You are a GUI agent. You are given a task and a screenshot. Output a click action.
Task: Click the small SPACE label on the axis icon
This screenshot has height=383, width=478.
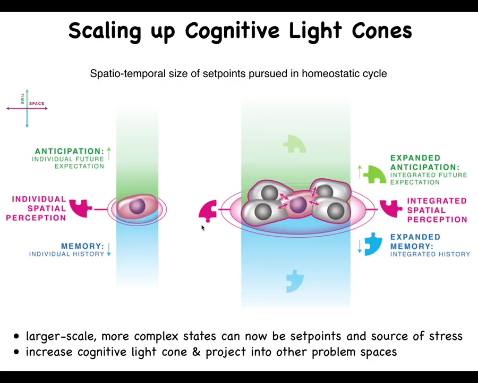pos(37,103)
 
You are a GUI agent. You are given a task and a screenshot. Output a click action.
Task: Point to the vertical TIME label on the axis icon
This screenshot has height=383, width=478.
pos(22,98)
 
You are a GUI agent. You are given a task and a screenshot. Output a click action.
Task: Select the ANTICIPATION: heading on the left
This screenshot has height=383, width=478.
pos(69,151)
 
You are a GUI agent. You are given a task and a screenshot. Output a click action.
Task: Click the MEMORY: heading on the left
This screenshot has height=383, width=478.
pos(82,246)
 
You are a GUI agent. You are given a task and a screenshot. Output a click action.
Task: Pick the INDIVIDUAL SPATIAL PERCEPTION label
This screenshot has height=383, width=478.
pos(37,208)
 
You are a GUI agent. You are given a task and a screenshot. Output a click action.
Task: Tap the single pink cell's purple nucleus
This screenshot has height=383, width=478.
pos(137,206)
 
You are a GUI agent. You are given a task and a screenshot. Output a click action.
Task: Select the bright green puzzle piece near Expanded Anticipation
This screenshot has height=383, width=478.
pos(375,174)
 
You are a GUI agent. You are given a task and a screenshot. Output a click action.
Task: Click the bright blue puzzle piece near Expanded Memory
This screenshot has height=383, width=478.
pos(373,243)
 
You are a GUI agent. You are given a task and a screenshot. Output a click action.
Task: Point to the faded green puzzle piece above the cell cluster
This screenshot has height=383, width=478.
pos(294,144)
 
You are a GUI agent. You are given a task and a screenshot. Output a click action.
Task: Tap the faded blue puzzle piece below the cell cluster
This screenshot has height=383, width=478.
pos(294,280)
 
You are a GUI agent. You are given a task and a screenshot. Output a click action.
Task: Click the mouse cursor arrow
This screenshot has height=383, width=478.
pos(202,228)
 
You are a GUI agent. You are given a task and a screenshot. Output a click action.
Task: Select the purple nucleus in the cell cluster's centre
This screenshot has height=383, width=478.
pos(298,205)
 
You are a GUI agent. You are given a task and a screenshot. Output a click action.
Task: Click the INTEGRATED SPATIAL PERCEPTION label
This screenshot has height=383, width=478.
pos(437,210)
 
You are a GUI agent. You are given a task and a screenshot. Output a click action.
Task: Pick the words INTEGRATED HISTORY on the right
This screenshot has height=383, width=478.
pos(430,254)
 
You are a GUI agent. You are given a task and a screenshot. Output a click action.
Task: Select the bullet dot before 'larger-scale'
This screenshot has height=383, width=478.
pos(17,336)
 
